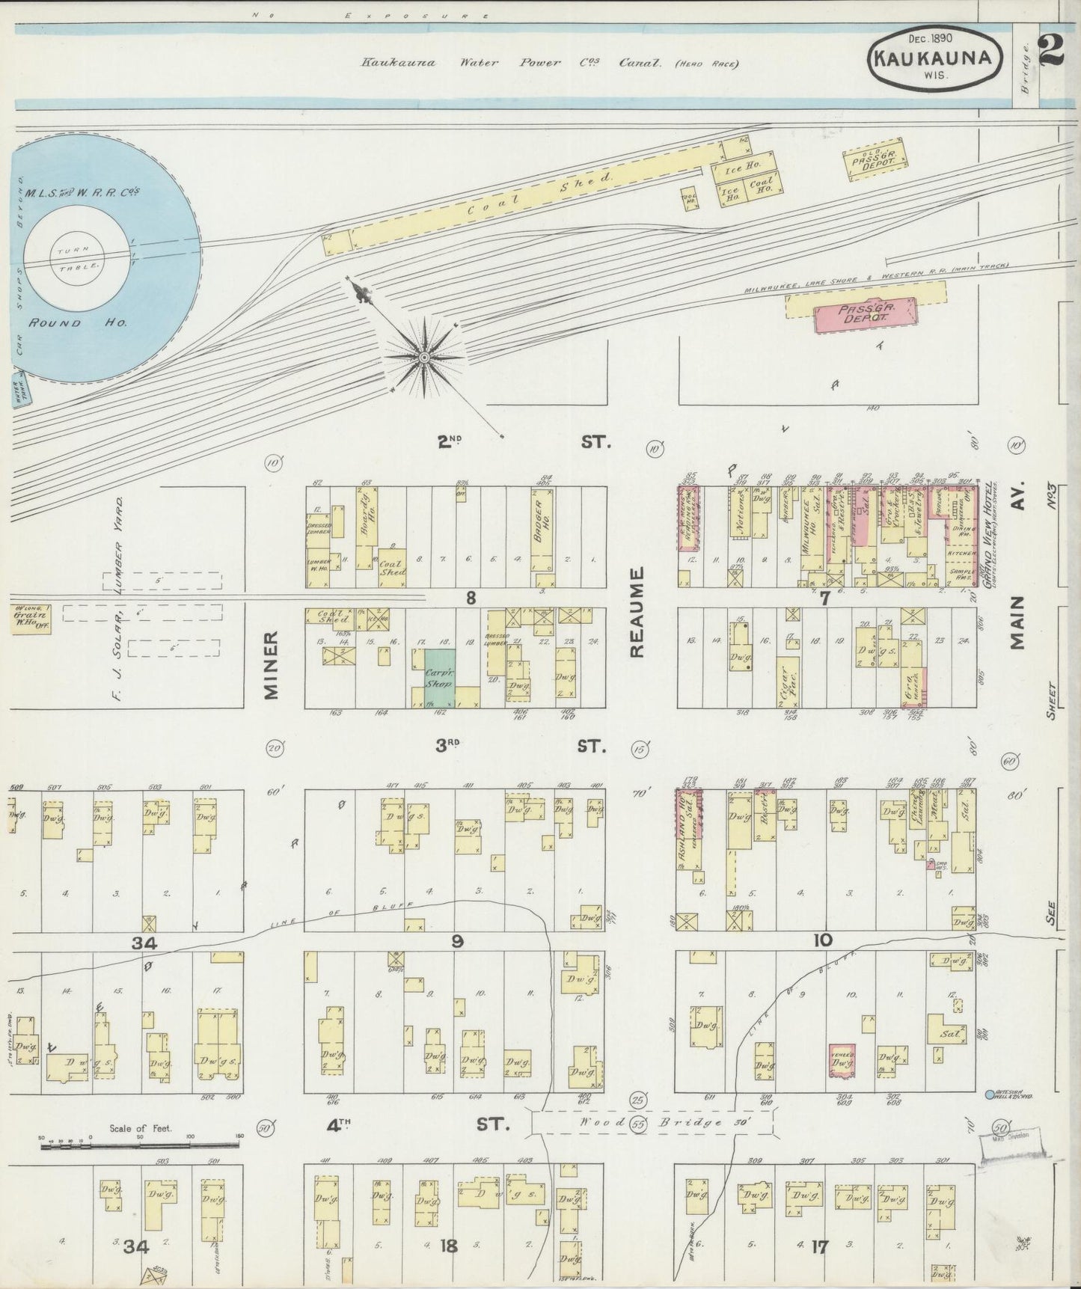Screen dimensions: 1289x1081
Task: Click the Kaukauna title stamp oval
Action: click(x=935, y=56)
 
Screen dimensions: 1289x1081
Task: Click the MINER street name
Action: click(x=272, y=664)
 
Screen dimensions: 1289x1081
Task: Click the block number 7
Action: click(x=825, y=596)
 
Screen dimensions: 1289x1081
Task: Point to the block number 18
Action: click(x=449, y=1246)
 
